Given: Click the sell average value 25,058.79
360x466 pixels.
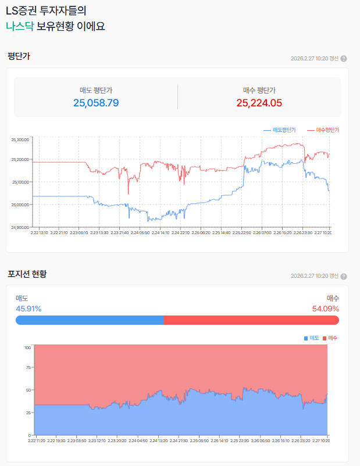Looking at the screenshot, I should coord(96,103).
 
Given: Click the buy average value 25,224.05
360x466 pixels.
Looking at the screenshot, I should coord(259,103).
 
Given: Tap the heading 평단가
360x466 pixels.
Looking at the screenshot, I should coord(19,56).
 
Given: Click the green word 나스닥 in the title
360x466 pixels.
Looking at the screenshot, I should coord(20,27).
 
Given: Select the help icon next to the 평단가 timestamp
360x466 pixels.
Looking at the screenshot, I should coord(344,59).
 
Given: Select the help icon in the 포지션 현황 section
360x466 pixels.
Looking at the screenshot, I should coord(344,275).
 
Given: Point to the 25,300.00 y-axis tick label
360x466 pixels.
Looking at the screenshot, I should coord(20,139).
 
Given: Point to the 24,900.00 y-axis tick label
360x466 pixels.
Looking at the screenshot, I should coord(20,227).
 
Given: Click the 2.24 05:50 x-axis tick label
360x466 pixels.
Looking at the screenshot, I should coord(140,232).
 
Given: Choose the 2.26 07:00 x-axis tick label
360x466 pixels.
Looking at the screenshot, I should coord(261,232).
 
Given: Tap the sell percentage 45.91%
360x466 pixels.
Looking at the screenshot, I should coord(28,309).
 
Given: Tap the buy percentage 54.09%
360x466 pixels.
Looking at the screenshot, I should coord(326,309).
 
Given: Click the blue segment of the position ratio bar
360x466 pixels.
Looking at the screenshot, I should coord(90,320).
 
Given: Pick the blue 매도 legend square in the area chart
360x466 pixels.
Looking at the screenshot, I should coord(306,338).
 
